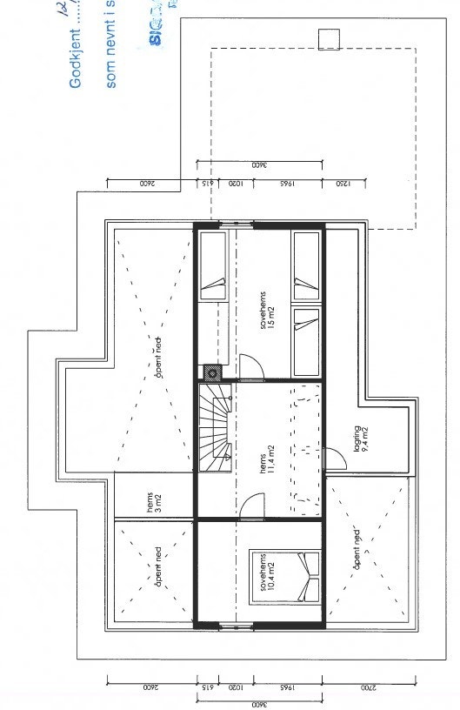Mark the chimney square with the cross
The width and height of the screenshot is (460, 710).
point(212,372)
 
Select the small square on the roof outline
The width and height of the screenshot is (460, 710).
point(329,39)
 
